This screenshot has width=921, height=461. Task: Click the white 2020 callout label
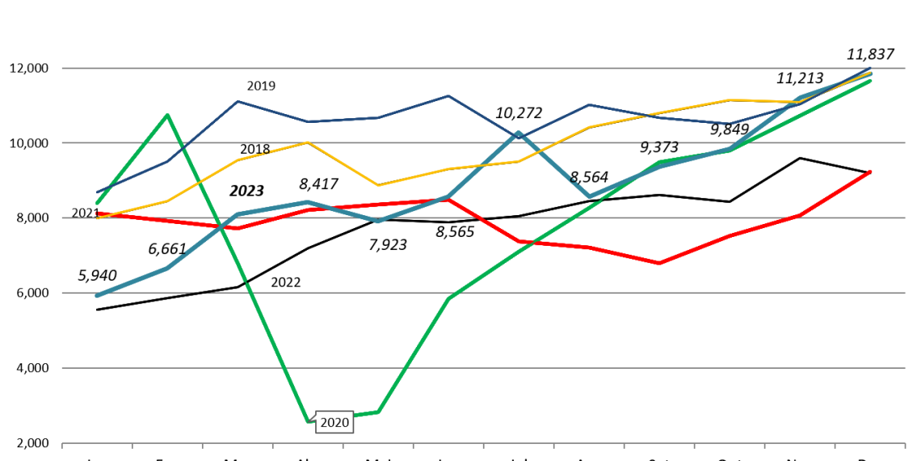(x=334, y=422)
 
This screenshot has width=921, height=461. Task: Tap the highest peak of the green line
(x=167, y=115)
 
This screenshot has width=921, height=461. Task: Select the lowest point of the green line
(x=309, y=421)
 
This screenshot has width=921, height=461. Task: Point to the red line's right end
(x=870, y=171)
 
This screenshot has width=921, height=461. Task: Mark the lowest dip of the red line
(x=659, y=263)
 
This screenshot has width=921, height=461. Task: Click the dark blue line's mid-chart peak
(x=448, y=96)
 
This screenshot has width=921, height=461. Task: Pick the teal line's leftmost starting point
(x=97, y=296)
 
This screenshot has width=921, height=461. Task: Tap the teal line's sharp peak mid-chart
(x=519, y=133)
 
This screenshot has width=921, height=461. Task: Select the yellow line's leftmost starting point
(x=98, y=218)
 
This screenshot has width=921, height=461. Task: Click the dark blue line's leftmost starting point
(x=98, y=192)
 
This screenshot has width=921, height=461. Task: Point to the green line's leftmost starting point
(x=97, y=203)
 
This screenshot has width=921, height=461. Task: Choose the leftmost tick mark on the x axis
(x=62, y=445)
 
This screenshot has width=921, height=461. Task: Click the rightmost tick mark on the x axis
(x=904, y=445)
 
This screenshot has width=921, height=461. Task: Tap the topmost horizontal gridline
(x=485, y=68)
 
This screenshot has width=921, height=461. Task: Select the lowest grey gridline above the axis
(x=485, y=368)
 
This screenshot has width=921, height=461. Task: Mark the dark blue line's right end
(x=871, y=68)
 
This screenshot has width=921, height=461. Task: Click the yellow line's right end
(x=871, y=73)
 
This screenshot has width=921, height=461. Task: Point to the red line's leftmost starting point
(x=98, y=213)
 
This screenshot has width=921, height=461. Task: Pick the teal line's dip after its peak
(x=589, y=197)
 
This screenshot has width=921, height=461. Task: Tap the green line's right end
(x=871, y=81)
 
